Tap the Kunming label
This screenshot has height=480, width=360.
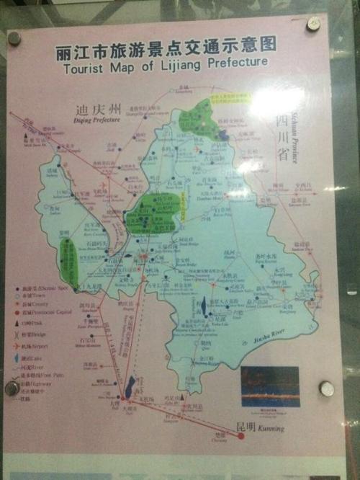click(x=269, y=429)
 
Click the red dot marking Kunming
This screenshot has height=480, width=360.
click(x=241, y=435)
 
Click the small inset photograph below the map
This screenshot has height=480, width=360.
click(x=269, y=386)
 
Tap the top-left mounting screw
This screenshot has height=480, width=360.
click(x=14, y=38)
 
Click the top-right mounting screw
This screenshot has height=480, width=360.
click(x=314, y=24)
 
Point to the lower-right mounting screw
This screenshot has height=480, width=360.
click(x=325, y=388)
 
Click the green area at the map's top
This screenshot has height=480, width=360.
click(x=205, y=116)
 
